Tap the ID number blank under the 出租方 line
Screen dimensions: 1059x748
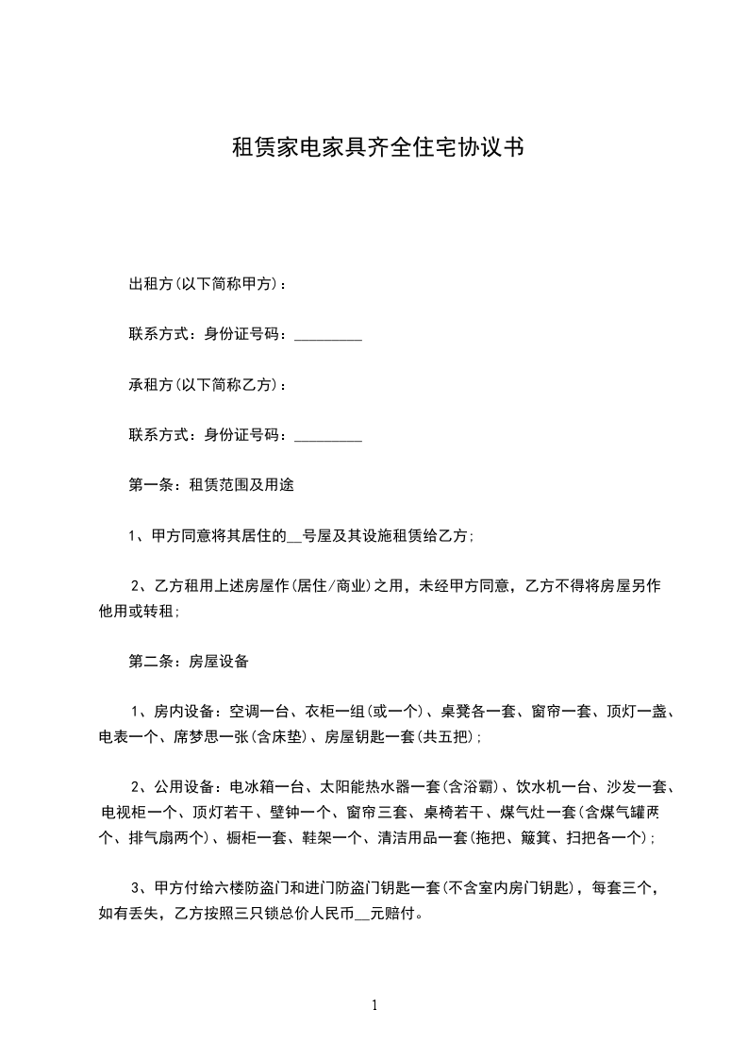click(328, 335)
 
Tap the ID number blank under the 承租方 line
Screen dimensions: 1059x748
click(328, 436)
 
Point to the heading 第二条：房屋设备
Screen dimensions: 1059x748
click(188, 662)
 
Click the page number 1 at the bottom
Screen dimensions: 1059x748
click(374, 1005)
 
